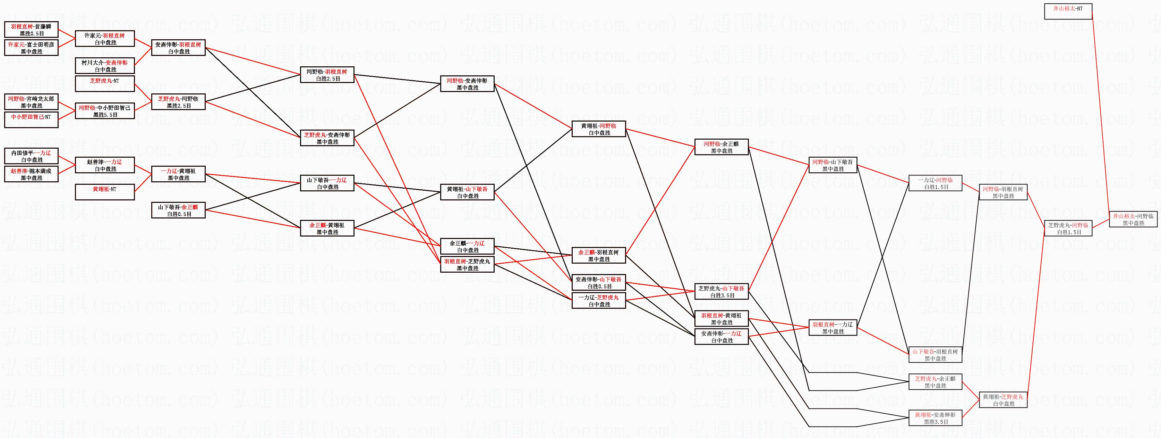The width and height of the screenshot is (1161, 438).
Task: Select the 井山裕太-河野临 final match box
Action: pos(1133,219)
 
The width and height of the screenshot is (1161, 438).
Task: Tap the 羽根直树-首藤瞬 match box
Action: pos(31,30)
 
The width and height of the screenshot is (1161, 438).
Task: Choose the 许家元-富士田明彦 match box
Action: pos(31,48)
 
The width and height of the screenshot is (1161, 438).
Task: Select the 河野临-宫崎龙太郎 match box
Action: pos(31,102)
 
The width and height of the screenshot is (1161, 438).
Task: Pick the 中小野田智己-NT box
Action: pos(31,120)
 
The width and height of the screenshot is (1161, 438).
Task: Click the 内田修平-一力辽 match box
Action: pos(31,156)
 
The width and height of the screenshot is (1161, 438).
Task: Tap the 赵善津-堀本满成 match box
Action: pos(31,174)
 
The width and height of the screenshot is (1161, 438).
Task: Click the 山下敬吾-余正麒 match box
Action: pos(179,210)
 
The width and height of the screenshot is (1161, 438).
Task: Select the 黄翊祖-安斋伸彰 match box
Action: pos(935,418)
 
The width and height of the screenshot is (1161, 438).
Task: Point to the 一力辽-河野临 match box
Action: pos(935,183)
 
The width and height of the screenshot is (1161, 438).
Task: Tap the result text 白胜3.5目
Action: pos(722,296)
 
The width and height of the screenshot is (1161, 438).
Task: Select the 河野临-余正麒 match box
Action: pos(721,147)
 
